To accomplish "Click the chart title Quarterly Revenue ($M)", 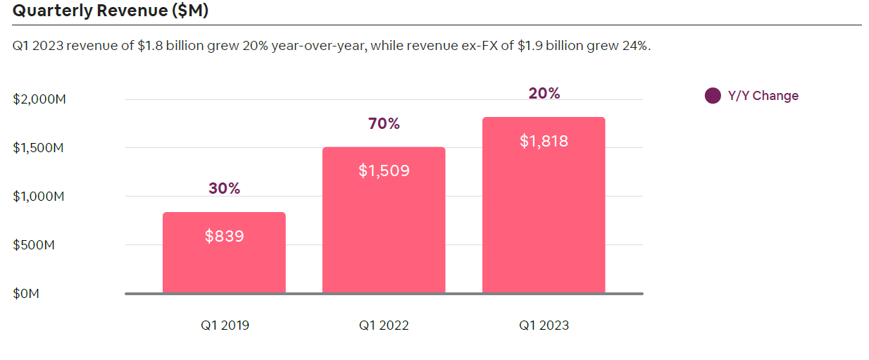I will click(x=111, y=11).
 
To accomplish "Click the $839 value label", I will click(x=224, y=236).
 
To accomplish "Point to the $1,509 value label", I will click(x=384, y=170).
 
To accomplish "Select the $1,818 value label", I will click(x=544, y=141).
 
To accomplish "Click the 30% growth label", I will click(x=224, y=188).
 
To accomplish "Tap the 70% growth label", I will click(x=384, y=124).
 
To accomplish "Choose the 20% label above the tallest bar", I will click(x=544, y=94).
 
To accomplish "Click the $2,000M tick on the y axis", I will click(x=39, y=99).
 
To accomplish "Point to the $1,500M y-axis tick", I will click(x=39, y=148).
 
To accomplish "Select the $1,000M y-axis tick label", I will click(x=39, y=197).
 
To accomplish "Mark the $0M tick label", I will click(x=26, y=294).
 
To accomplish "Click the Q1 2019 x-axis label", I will click(x=225, y=325).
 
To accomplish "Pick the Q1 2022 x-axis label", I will click(x=384, y=325).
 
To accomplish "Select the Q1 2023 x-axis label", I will click(x=544, y=325).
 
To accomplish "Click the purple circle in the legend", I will click(x=713, y=96).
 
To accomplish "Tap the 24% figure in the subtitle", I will click(x=634, y=46).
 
